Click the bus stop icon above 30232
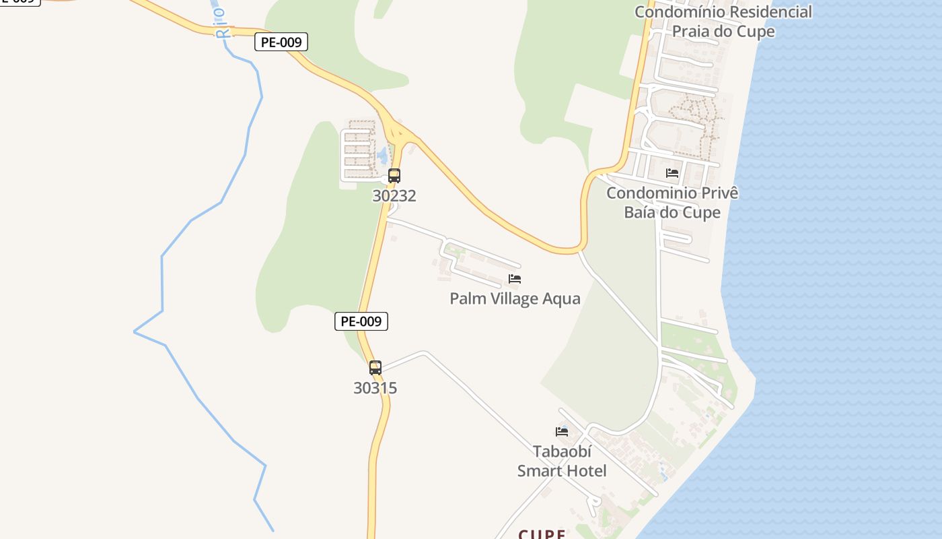394,176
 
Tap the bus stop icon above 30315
375,368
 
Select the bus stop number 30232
394,196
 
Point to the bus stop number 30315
375,388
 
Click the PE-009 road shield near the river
281,42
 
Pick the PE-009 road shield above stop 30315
361,321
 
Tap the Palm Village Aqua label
515,298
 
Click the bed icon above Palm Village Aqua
515,279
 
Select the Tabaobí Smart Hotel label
562,461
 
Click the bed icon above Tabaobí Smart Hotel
562,431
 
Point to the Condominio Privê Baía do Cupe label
672,203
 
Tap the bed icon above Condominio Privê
672,173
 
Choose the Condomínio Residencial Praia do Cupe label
723,22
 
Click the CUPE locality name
542,534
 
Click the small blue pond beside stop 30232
382,156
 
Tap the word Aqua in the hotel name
561,298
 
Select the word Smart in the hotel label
562,471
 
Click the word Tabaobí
562,451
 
